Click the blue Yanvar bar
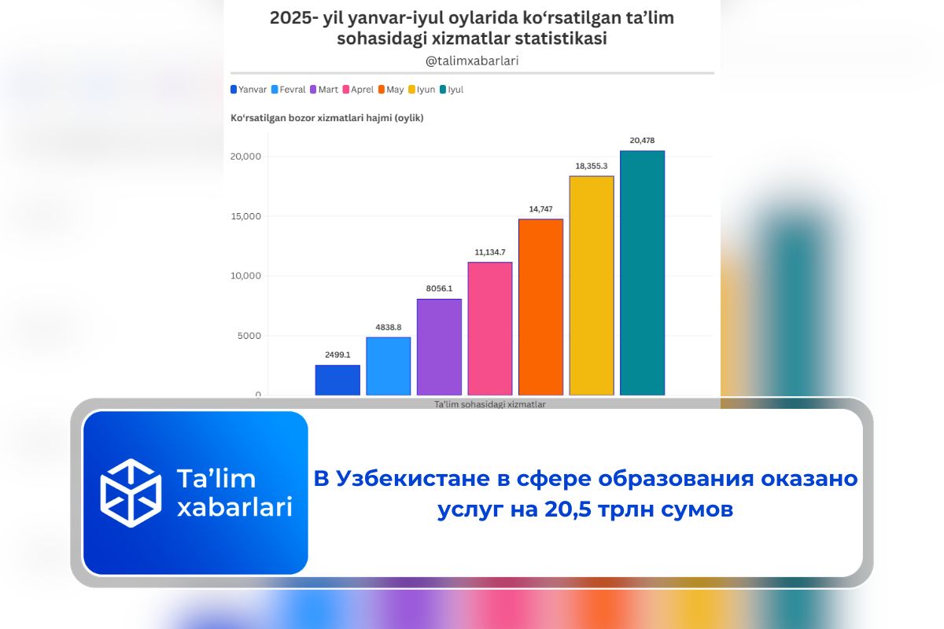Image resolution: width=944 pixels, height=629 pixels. pyautogui.click(x=337, y=380)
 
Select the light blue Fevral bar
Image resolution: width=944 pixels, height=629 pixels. pyautogui.click(x=389, y=366)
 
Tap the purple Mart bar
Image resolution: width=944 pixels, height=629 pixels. pyautogui.click(x=439, y=347)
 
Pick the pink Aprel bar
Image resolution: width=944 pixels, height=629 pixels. pyautogui.click(x=490, y=328)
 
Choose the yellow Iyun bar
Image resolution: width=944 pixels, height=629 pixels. pyautogui.click(x=592, y=285)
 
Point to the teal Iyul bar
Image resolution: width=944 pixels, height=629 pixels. pyautogui.click(x=642, y=272)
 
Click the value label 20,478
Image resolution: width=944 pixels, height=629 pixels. pyautogui.click(x=642, y=141)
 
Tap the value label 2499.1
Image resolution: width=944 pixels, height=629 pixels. pyautogui.click(x=337, y=355)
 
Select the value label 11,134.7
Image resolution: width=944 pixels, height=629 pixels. pyautogui.click(x=490, y=252)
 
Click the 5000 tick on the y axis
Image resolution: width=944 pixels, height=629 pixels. pyautogui.click(x=248, y=336)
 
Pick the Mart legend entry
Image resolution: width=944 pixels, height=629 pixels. pyautogui.click(x=324, y=90)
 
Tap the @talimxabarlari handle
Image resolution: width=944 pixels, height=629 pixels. pyautogui.click(x=472, y=60)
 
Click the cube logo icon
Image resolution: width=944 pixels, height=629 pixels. pyautogui.click(x=131, y=492)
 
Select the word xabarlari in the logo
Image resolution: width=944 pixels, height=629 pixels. pyautogui.click(x=234, y=506)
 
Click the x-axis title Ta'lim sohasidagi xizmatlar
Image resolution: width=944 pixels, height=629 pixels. pyautogui.click(x=489, y=404)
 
